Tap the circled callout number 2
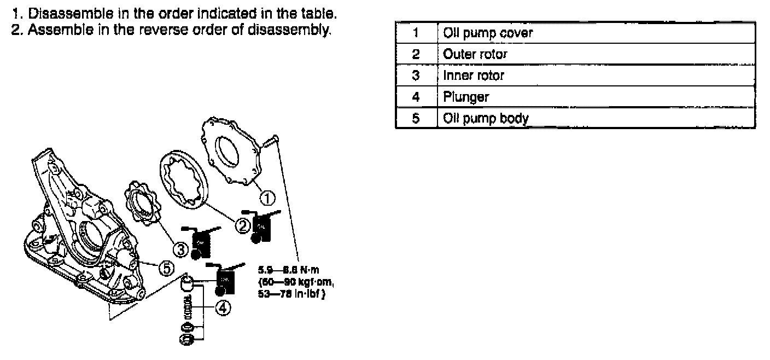pos(242,224)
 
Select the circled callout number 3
pos(180,249)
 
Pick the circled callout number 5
pos(166,268)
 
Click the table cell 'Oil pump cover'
pos(596,33)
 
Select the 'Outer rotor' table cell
pos(596,54)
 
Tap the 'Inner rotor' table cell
pos(596,76)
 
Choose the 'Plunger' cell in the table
pos(596,97)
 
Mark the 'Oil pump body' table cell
pos(596,118)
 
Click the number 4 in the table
pos(416,97)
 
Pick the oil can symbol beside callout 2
pos(262,225)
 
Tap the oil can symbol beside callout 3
pos(201,242)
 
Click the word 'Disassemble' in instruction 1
pos(64,11)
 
